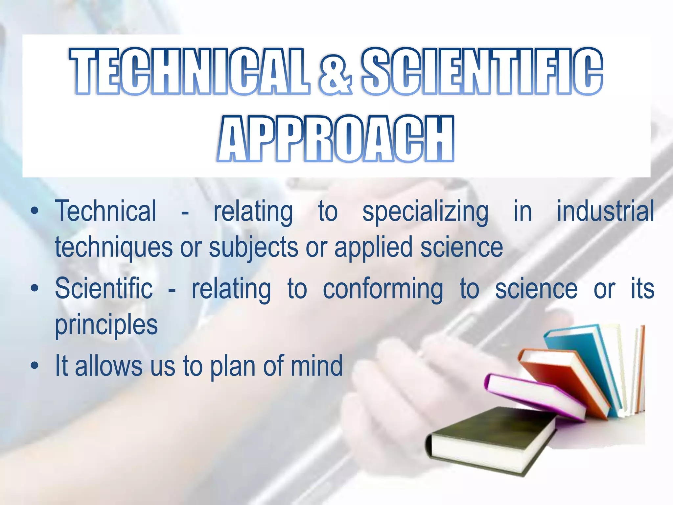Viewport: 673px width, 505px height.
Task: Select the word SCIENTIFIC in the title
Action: (482, 71)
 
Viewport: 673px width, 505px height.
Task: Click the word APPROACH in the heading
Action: (336, 139)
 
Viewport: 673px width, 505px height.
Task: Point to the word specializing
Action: (425, 212)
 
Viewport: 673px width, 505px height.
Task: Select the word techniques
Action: (114, 248)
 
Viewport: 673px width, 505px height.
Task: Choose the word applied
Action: (373, 248)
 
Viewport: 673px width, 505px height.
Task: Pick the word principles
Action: (106, 325)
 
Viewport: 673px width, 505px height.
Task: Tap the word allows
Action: (108, 366)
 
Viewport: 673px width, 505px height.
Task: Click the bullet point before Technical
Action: (35, 211)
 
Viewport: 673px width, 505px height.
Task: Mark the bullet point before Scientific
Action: (35, 288)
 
